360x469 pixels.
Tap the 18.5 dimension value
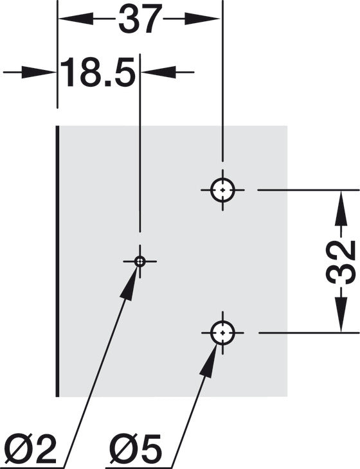98,72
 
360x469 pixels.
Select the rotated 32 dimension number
340,261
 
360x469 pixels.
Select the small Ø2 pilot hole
139,261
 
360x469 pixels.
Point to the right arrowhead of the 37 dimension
202,19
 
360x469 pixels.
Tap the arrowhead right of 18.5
159,72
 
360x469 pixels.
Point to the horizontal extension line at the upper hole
309,190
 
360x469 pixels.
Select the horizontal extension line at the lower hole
309,332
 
